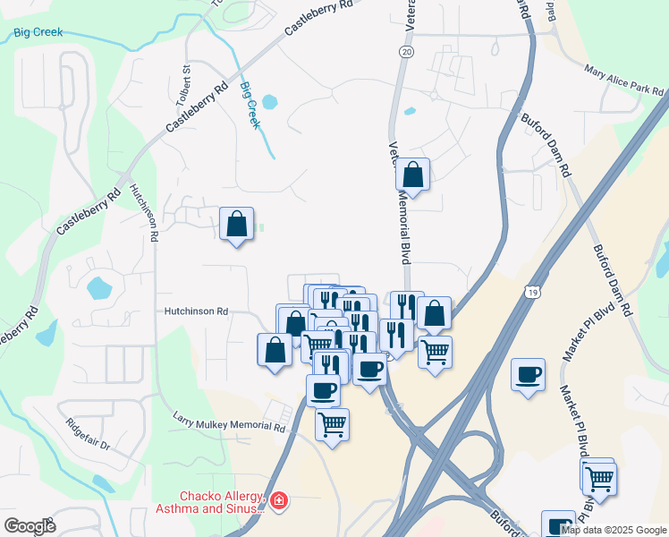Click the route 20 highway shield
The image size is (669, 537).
[x=407, y=53]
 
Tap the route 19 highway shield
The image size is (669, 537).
[x=532, y=292]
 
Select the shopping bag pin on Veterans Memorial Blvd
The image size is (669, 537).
[x=413, y=175]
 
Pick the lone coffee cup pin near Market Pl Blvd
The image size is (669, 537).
[x=528, y=373]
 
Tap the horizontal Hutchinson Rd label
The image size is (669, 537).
[x=196, y=311]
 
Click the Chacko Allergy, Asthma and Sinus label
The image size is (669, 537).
[x=223, y=502]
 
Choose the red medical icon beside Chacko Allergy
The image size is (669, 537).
[x=279, y=501]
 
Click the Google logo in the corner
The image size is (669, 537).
[x=30, y=526]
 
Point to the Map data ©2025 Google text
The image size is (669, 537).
[x=614, y=530]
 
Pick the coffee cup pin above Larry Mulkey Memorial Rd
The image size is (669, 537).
[x=323, y=389]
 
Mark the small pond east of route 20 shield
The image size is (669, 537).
[x=410, y=112]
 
